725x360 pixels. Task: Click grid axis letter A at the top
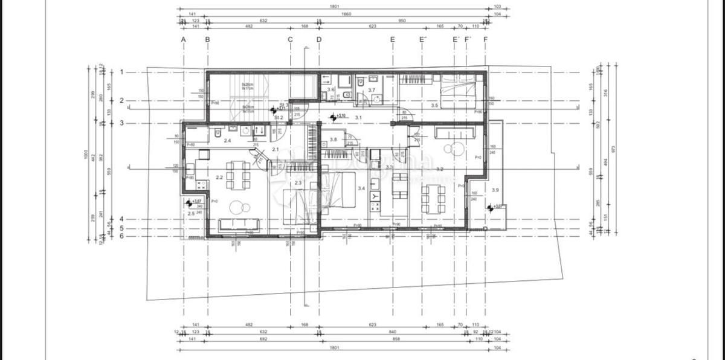point(183,40)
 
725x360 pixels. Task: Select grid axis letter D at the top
point(319,40)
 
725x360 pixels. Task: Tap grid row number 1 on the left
point(121,72)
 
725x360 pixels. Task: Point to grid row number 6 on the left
point(121,236)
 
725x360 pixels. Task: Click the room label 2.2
point(219,178)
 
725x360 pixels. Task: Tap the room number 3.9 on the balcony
point(495,190)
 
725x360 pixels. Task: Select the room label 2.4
point(227,141)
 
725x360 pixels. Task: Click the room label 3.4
point(361,189)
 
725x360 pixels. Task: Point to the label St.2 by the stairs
point(279,117)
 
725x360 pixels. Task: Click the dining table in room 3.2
point(433,198)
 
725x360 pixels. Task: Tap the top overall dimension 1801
point(334,7)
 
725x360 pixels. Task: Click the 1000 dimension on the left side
point(86,155)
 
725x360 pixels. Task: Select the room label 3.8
point(333,140)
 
